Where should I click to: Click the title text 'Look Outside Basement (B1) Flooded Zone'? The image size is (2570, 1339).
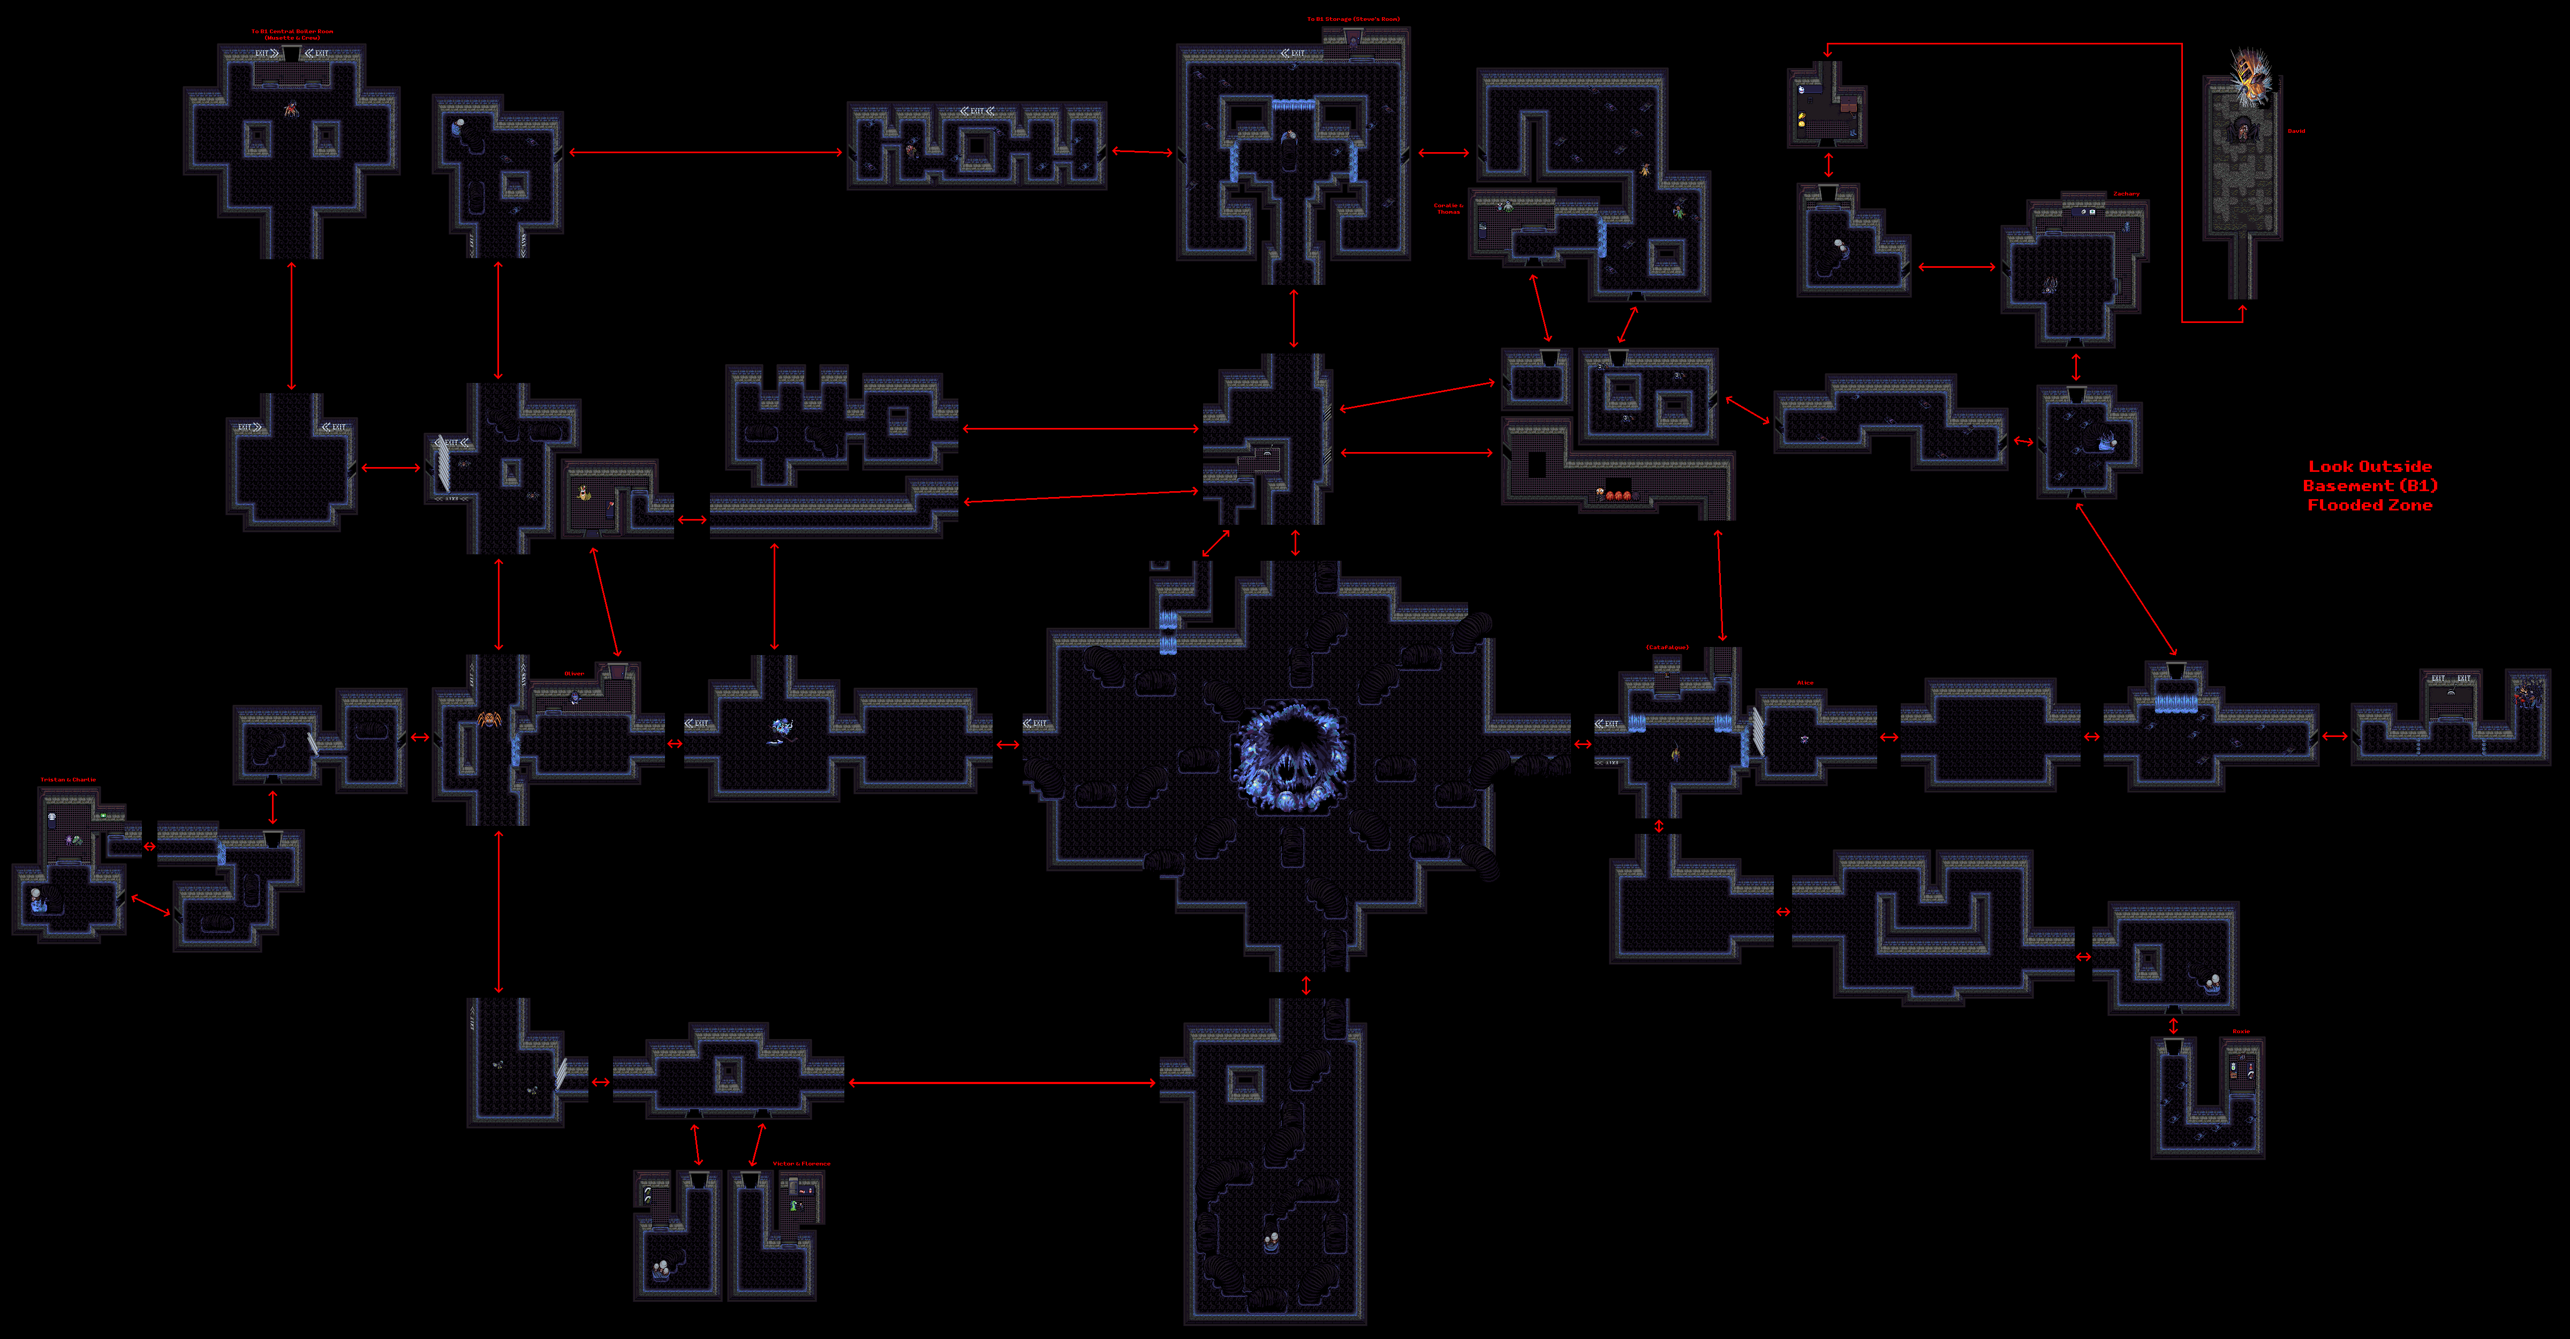coord(2369,486)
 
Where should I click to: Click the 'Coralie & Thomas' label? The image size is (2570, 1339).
coord(1449,208)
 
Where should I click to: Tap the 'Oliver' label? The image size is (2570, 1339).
coord(575,673)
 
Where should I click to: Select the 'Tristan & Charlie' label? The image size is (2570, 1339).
coord(68,779)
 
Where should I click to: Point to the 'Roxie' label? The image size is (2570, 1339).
coord(2241,1032)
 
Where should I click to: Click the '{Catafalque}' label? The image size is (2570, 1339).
coord(1667,648)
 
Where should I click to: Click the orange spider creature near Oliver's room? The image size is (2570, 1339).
coord(489,718)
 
